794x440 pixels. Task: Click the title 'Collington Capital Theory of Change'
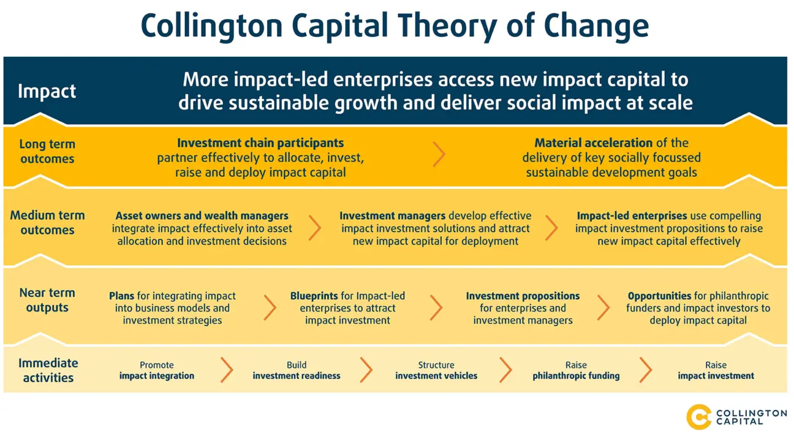tap(395, 26)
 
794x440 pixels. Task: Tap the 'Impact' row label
tap(47, 91)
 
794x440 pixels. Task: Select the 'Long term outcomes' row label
tap(47, 152)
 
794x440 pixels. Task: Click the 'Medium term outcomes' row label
tap(47, 223)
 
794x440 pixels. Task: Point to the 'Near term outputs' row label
tap(47, 300)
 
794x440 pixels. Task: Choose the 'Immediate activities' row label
tap(48, 370)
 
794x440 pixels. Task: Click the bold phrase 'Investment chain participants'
tap(260, 143)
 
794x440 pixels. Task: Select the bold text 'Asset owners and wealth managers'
tap(202, 216)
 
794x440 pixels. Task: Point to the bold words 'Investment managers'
tap(393, 216)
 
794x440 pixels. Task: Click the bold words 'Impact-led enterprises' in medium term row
tap(632, 216)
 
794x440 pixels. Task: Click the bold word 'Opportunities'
tap(659, 296)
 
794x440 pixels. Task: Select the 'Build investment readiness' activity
tap(297, 371)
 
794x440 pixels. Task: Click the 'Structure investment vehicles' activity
tap(436, 371)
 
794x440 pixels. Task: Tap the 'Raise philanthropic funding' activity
tap(576, 371)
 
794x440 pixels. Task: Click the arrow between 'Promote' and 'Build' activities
tap(227, 370)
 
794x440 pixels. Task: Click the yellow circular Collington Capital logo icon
tap(699, 417)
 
